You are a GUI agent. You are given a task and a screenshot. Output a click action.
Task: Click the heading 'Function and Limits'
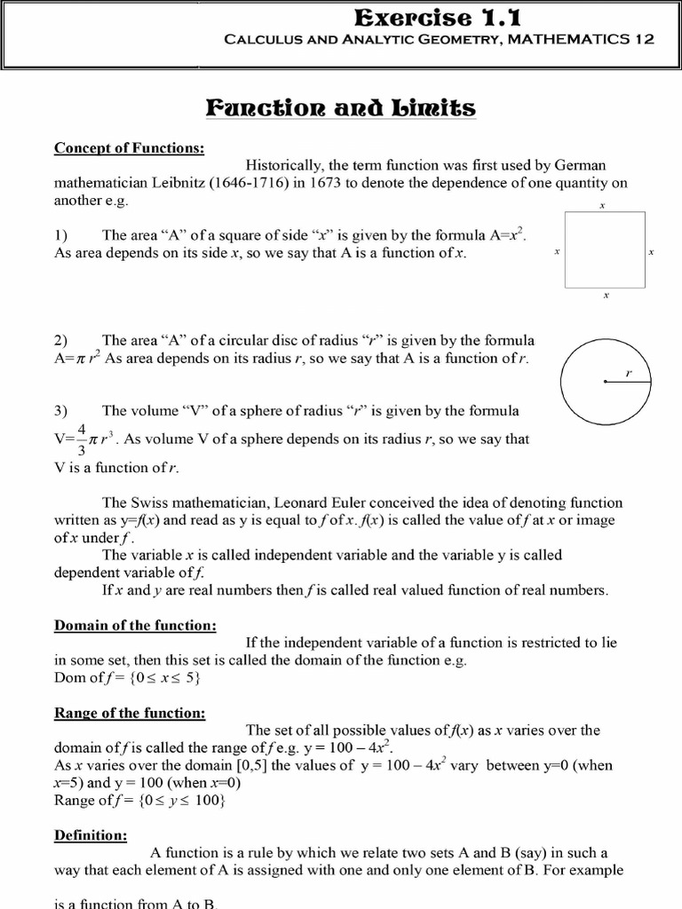tap(340, 108)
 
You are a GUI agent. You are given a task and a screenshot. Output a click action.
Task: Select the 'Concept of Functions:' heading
tap(129, 147)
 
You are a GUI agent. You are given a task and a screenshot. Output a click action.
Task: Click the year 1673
tap(327, 183)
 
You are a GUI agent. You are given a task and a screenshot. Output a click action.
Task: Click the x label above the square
tap(603, 206)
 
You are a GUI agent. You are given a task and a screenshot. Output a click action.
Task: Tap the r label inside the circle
tap(628, 373)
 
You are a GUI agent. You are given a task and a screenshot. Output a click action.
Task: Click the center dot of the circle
tap(604, 382)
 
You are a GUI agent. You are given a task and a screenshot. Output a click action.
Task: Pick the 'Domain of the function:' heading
tap(135, 626)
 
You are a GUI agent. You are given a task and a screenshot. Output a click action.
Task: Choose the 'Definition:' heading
tap(91, 834)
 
